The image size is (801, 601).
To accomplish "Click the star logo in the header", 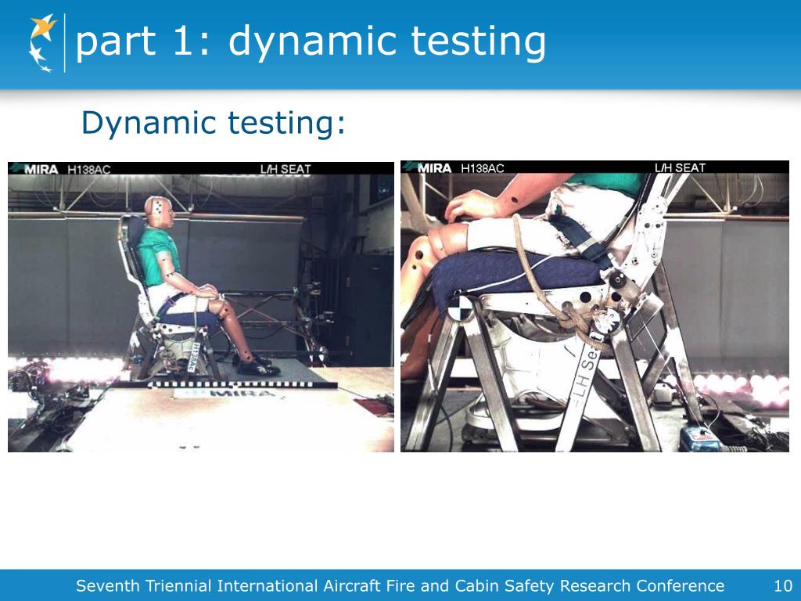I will click(x=42, y=42).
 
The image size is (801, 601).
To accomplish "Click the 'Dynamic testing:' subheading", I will click(x=213, y=123).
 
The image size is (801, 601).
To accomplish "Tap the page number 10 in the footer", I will click(x=782, y=585).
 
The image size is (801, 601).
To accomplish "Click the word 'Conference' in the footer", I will click(x=680, y=585).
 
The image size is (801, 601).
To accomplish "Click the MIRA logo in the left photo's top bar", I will click(x=38, y=168).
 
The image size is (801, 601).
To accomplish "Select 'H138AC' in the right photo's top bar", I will click(x=482, y=167).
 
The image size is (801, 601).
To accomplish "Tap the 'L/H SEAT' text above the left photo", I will click(x=285, y=168).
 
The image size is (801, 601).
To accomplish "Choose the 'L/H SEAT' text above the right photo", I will click(x=679, y=167).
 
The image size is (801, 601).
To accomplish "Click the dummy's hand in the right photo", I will click(x=473, y=205).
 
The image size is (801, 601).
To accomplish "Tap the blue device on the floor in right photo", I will click(x=699, y=438).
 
